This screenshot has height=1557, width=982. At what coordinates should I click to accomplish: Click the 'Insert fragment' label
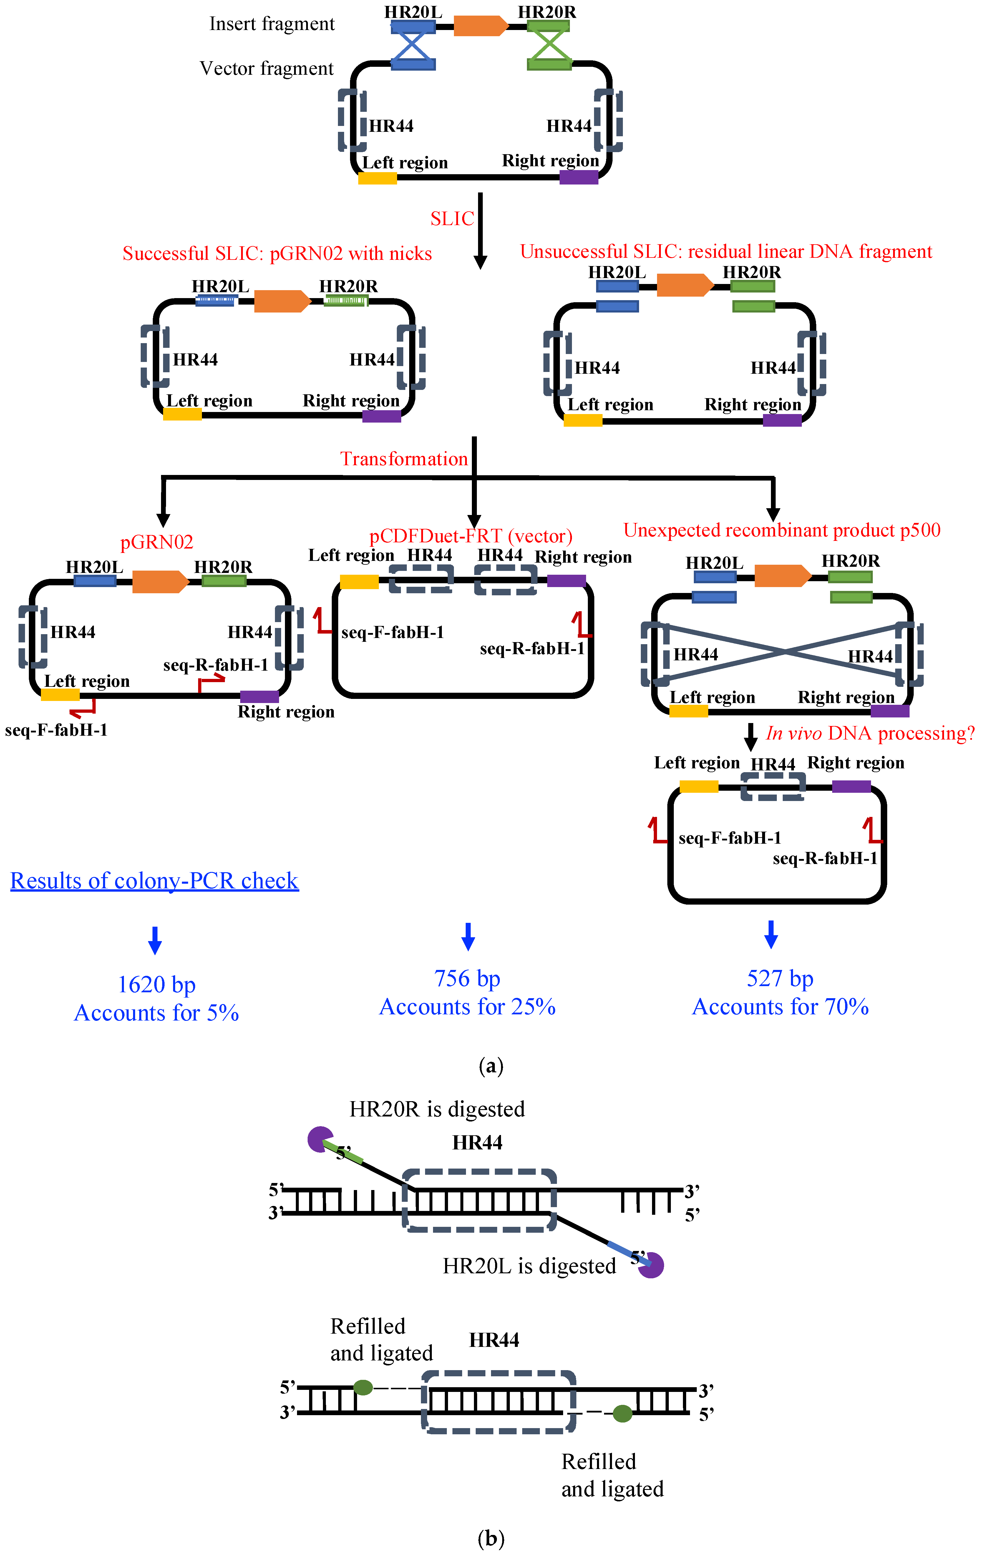click(272, 24)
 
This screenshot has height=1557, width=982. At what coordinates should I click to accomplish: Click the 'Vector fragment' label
click(266, 69)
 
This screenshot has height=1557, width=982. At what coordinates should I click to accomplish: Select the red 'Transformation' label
click(404, 459)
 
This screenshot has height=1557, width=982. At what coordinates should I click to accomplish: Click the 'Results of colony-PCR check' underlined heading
click(155, 881)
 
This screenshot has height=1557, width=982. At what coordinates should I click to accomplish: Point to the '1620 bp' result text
click(157, 985)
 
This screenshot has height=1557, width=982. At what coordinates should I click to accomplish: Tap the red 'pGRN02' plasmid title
click(157, 542)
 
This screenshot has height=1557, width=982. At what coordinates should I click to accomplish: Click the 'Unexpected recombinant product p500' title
click(782, 530)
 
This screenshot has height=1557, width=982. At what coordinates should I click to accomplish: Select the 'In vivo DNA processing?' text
click(870, 733)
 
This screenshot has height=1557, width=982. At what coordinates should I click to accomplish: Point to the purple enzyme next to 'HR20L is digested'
click(651, 1265)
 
